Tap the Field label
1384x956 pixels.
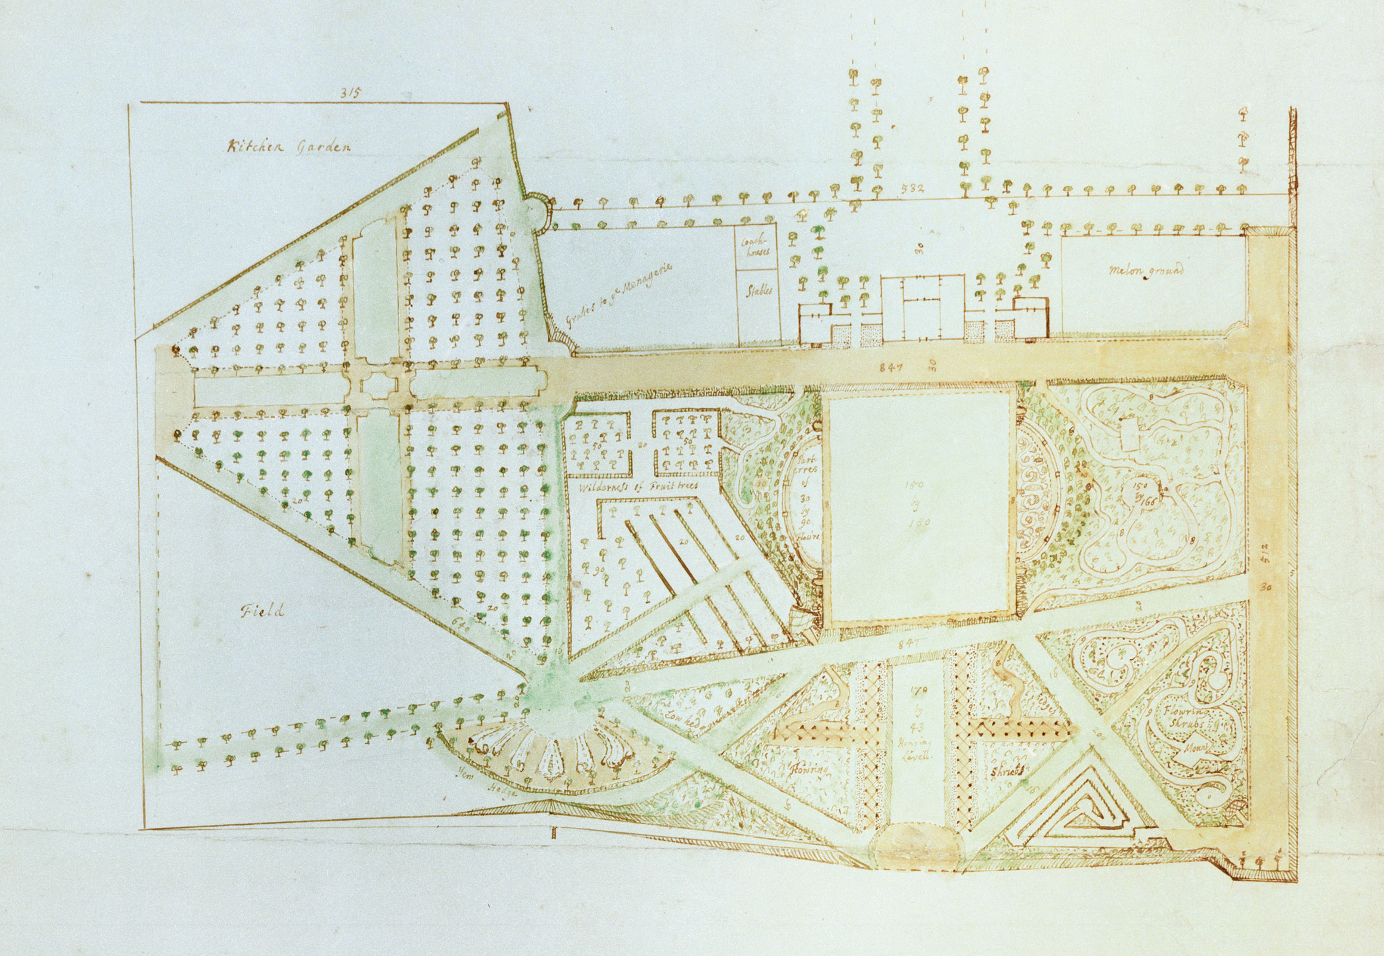262,612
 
